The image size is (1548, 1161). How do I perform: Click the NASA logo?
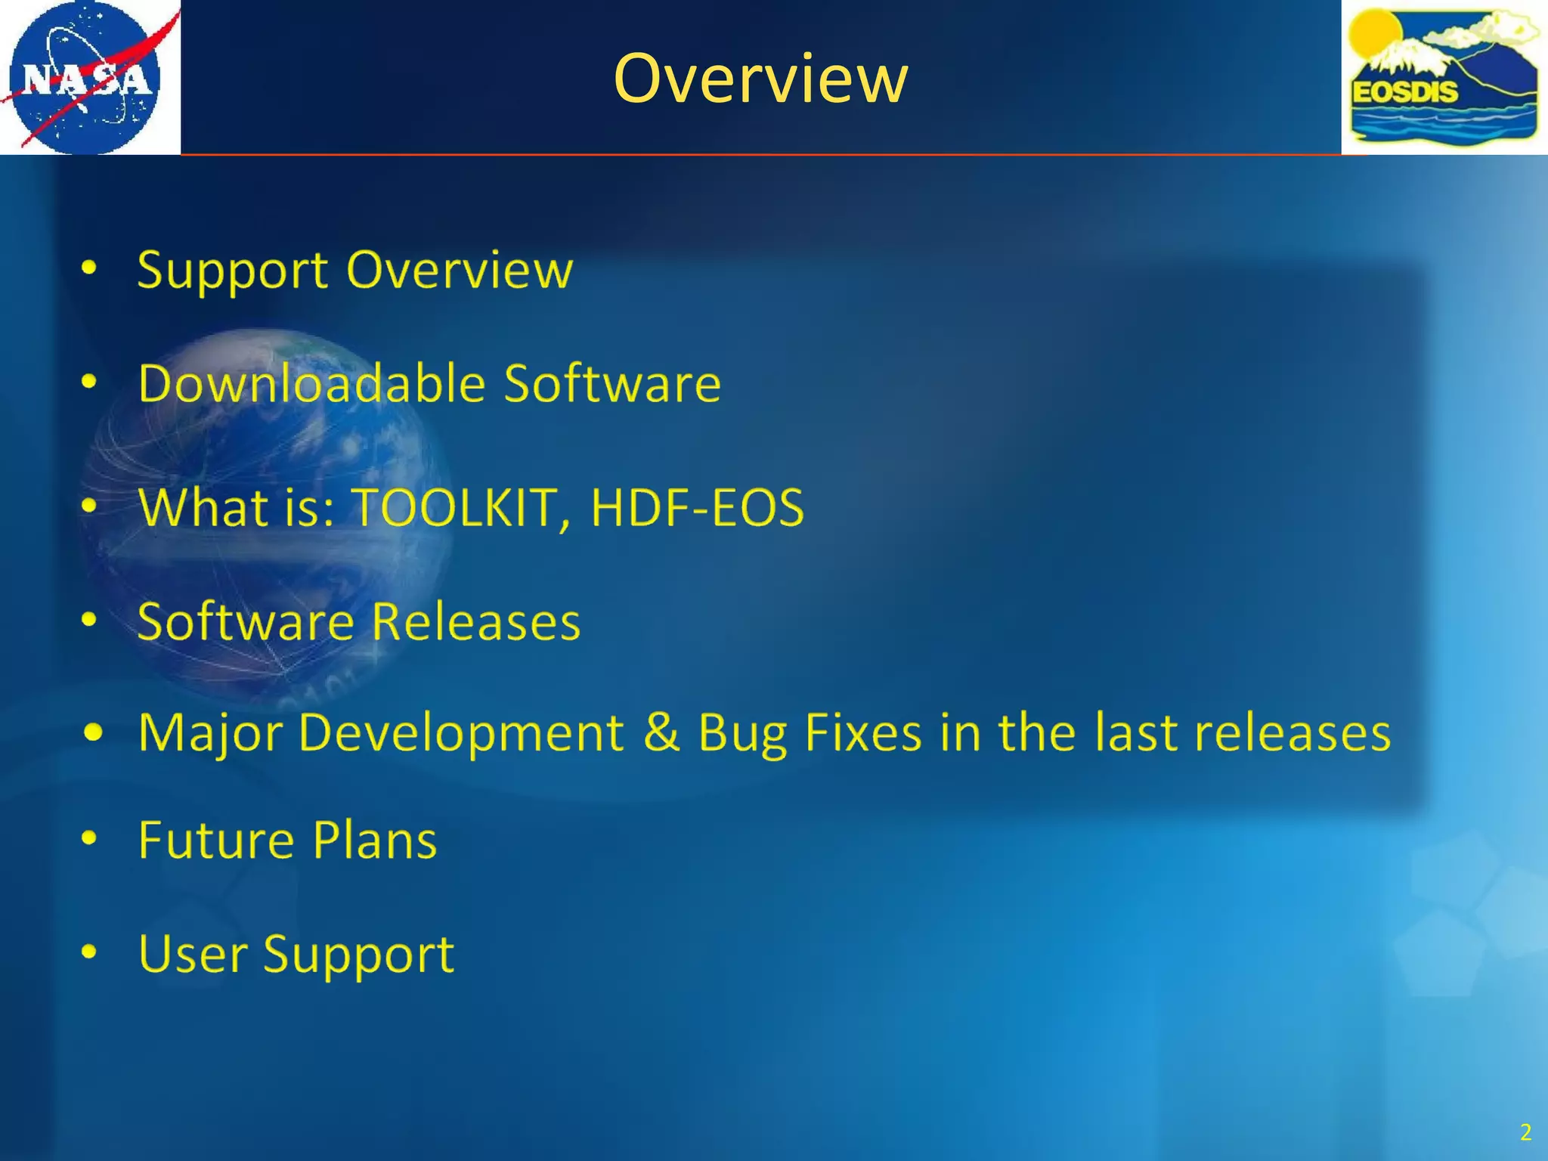pyautogui.click(x=89, y=77)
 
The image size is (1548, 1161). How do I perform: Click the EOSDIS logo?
pyautogui.click(x=1444, y=77)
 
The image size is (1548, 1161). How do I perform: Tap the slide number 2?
pyautogui.click(x=1525, y=1132)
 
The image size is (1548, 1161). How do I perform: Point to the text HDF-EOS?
pyautogui.click(x=697, y=506)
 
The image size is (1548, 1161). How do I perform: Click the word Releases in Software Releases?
pyautogui.click(x=476, y=621)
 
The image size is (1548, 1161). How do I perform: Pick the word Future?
pyautogui.click(x=216, y=840)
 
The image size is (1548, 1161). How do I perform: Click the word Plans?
pyautogui.click(x=375, y=840)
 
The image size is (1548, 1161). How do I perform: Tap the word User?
pyautogui.click(x=193, y=953)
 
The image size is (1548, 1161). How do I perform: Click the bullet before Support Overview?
pyautogui.click(x=89, y=268)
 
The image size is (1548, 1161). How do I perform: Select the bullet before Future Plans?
pyautogui.click(x=89, y=838)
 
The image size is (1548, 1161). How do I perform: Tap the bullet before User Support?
pyautogui.click(x=89, y=952)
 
